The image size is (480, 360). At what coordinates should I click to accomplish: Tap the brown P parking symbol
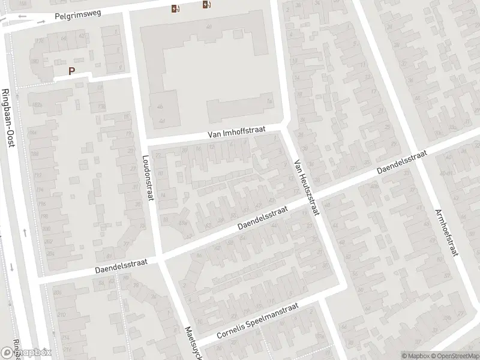[72, 71]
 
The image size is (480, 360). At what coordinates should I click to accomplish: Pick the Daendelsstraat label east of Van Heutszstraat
[401, 163]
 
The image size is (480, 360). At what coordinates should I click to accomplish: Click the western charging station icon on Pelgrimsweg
[175, 8]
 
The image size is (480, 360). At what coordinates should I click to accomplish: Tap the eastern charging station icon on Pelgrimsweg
[207, 5]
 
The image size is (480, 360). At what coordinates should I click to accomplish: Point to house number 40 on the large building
[209, 27]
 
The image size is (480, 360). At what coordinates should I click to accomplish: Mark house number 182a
[37, 106]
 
